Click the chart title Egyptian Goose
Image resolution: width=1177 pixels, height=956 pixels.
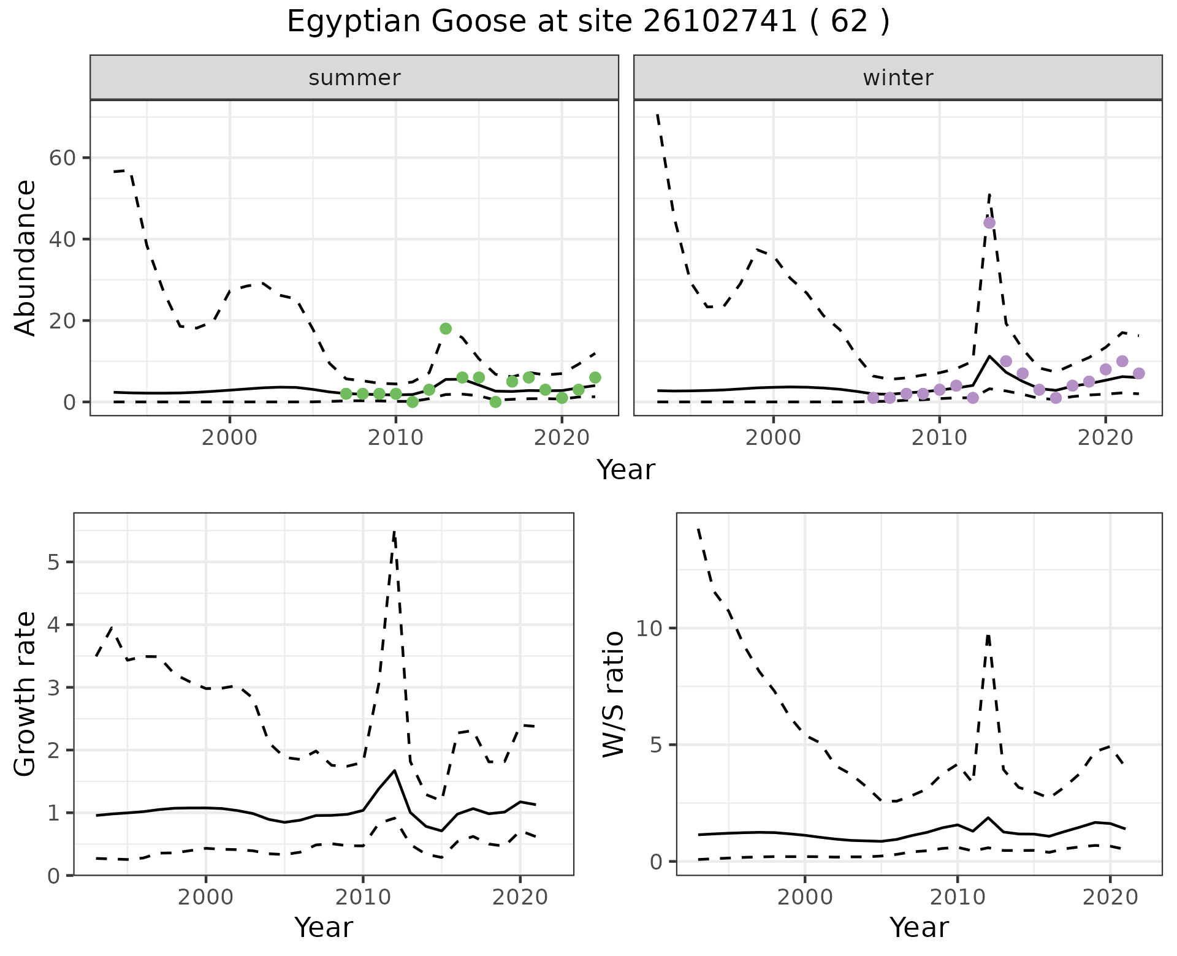[588, 23]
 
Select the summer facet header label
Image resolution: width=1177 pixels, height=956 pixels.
[354, 78]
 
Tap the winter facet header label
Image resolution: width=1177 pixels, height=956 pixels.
[897, 78]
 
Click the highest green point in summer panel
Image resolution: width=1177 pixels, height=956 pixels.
[446, 328]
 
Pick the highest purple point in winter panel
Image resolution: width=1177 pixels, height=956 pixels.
[989, 222]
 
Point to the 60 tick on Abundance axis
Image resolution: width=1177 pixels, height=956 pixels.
[61, 158]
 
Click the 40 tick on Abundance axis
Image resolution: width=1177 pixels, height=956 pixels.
[61, 239]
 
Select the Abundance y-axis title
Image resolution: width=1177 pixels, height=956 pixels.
[26, 257]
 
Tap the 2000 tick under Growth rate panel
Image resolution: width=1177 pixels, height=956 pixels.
[205, 898]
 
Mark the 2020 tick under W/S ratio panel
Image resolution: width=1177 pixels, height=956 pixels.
[1110, 898]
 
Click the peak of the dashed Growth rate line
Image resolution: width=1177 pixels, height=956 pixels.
[394, 531]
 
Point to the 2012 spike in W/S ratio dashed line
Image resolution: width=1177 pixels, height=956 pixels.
[988, 635]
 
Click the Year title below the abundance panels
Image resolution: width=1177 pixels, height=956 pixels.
[626, 470]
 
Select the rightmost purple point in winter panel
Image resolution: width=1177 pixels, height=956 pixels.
[1138, 373]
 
